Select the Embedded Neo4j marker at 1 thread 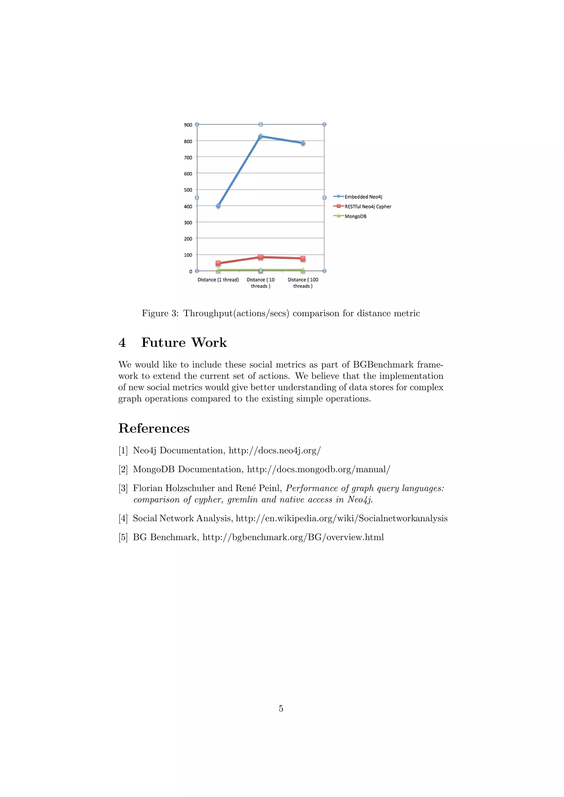218,206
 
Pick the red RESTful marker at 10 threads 261,257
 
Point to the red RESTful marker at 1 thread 218,263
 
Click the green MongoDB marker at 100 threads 303,270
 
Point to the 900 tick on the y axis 188,125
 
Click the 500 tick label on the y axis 188,190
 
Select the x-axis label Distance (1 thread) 218,280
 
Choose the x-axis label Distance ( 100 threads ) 303,283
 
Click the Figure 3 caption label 160,313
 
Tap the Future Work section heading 184,343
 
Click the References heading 154,428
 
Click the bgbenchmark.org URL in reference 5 293,537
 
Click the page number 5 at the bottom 281,708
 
